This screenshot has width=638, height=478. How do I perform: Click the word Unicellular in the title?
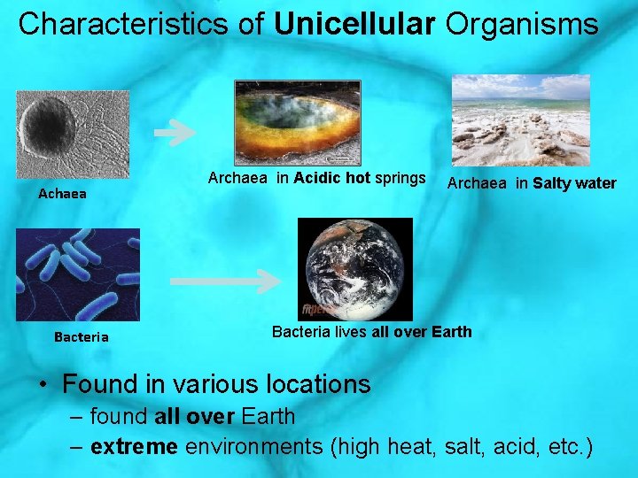pyautogui.click(x=354, y=24)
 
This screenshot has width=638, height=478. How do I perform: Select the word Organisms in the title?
pyautogui.click(x=522, y=24)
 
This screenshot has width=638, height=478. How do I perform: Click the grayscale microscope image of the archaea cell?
pyautogui.click(x=73, y=135)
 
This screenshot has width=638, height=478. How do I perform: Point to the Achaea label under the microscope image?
pyautogui.click(x=62, y=193)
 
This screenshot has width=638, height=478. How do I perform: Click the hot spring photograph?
pyautogui.click(x=298, y=122)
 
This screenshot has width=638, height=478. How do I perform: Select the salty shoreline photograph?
pyautogui.click(x=521, y=120)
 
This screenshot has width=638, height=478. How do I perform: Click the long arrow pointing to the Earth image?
pyautogui.click(x=225, y=281)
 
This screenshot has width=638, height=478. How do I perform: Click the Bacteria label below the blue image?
pyautogui.click(x=82, y=336)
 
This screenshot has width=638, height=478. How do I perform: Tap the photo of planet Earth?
pyautogui.click(x=355, y=269)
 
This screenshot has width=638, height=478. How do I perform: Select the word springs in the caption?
pyautogui.click(x=400, y=178)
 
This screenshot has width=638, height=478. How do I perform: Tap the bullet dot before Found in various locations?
pyautogui.click(x=43, y=385)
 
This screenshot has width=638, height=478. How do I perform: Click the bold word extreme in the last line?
pyautogui.click(x=134, y=446)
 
